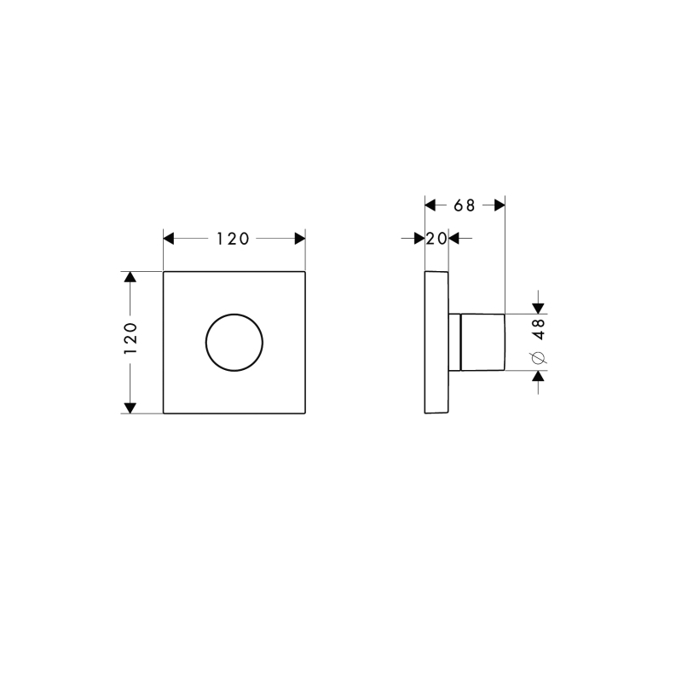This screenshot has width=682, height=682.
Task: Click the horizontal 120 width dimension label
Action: pos(233,239)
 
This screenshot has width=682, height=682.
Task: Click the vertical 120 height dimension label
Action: pos(130,338)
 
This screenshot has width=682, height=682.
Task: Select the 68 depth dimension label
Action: pos(465,205)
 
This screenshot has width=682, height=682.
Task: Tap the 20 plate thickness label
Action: pos(436,239)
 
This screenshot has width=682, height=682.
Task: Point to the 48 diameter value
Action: pos(539,329)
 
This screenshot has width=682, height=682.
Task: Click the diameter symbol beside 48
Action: pos(539,357)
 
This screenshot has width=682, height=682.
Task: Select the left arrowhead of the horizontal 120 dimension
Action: pos(168,239)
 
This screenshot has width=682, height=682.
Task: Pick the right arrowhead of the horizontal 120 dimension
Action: pos(300,239)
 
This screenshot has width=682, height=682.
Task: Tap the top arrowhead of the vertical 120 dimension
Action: pos(130,276)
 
